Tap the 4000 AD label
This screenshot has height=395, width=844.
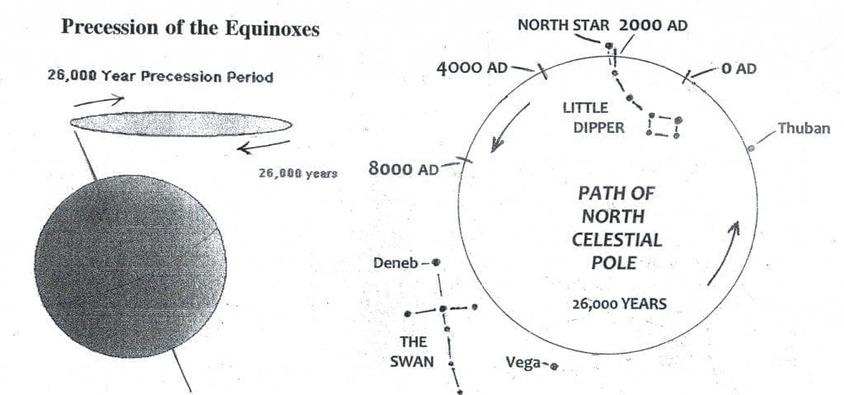tap(471, 68)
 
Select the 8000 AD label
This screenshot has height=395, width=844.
tap(403, 169)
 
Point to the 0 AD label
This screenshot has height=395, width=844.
tap(738, 68)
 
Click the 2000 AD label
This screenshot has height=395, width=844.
tap(653, 26)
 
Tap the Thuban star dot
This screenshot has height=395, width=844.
tap(752, 147)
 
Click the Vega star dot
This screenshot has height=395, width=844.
tap(554, 366)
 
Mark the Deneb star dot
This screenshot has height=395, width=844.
tap(436, 262)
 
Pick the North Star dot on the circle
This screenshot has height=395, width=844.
tap(609, 46)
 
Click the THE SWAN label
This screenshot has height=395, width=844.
tap(412, 351)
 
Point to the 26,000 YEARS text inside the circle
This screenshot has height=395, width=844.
tap(620, 304)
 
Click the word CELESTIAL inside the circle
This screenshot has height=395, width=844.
tap(617, 240)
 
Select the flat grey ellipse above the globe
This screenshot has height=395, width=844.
tap(181, 124)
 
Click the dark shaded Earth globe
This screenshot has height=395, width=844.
tap(130, 266)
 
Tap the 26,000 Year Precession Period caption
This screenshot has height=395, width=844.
tap(160, 77)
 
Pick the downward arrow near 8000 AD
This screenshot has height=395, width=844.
tap(509, 127)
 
